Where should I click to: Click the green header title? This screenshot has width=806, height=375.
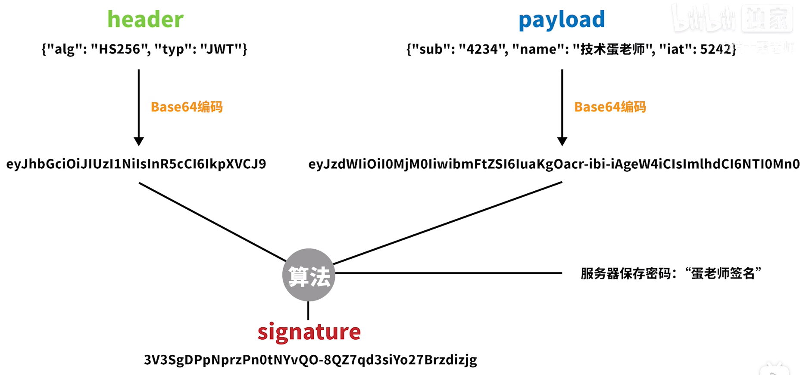pos(145,19)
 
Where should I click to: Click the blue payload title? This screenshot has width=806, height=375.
pos(562,20)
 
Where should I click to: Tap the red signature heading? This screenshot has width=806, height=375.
pos(309,332)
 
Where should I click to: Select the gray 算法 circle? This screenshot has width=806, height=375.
pos(309,275)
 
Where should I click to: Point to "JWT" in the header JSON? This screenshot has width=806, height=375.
pos(221,49)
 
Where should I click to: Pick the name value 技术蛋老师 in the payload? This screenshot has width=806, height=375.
pos(612,49)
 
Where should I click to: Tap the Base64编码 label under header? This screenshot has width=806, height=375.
pos(187,107)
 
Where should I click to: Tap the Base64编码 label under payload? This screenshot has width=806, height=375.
pos(610,107)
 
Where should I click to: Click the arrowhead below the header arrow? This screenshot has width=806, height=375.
pos(139,141)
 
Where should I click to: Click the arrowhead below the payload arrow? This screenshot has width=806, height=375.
pos(562,141)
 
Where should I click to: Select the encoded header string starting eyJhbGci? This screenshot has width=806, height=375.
pos(136,164)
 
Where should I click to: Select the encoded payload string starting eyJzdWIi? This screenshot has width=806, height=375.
pos(554,164)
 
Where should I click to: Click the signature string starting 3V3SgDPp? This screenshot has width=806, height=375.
pos(310,360)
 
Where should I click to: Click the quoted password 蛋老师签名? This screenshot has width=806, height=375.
pos(723,273)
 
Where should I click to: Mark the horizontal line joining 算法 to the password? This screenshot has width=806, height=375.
pos(448,273)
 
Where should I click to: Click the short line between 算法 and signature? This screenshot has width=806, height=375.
pos(308,310)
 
